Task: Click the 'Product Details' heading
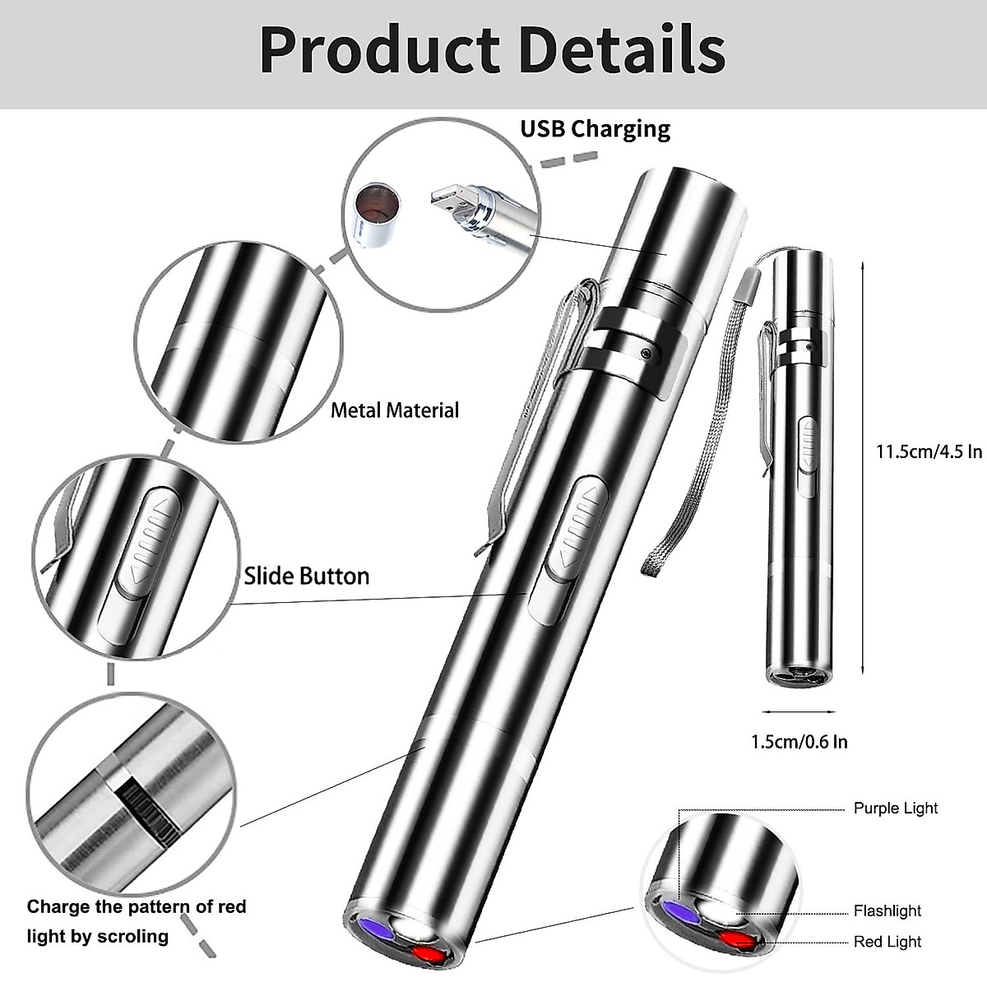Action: click(492, 51)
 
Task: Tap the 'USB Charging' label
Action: click(595, 129)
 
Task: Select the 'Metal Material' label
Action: click(394, 410)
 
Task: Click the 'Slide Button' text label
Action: click(307, 576)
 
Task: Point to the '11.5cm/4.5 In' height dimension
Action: click(929, 452)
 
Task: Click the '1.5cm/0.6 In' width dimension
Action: click(799, 741)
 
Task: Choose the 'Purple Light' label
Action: click(895, 808)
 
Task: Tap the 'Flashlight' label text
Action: click(887, 911)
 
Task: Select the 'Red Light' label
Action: click(887, 942)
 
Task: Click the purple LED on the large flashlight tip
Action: click(367, 930)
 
